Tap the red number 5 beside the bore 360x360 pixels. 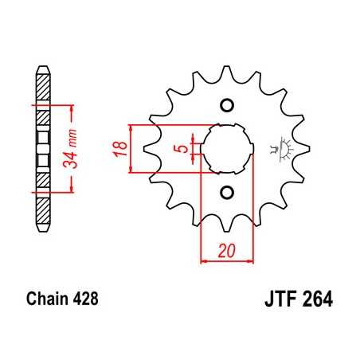[x=183, y=148]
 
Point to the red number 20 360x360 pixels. [x=225, y=252]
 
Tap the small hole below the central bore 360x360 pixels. [x=226, y=192]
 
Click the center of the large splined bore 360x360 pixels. [x=226, y=148]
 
